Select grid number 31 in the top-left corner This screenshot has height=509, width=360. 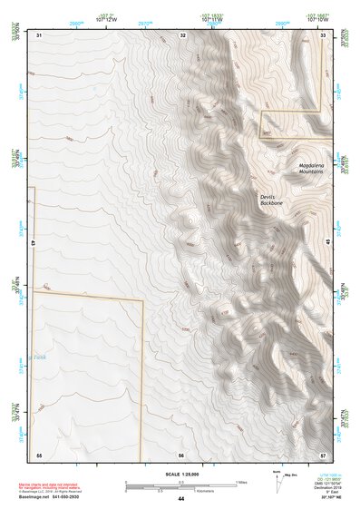(39, 34)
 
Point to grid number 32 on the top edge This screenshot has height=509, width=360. (183, 34)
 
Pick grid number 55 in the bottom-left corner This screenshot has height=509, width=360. (39, 454)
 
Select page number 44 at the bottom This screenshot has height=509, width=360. (181, 499)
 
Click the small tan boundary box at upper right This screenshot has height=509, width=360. (291, 123)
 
